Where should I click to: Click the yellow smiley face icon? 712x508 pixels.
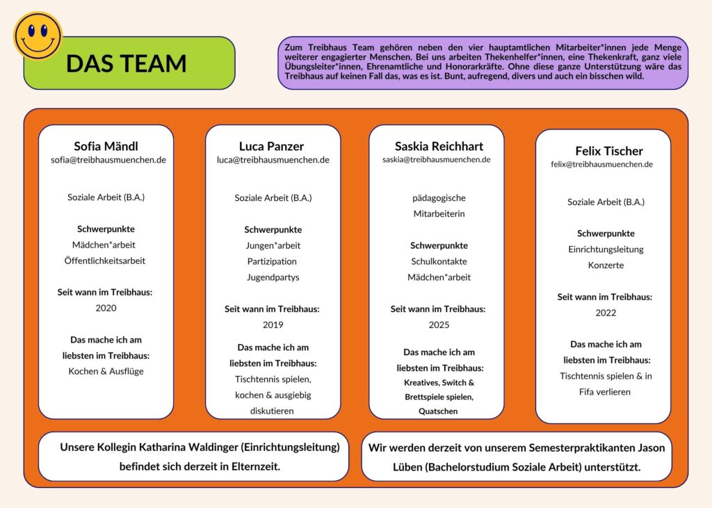pyautogui.click(x=38, y=35)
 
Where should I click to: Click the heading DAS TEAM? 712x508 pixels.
pyautogui.click(x=126, y=63)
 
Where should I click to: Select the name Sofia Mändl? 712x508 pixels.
pyautogui.click(x=106, y=146)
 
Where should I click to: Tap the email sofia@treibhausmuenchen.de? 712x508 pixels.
pyautogui.click(x=108, y=160)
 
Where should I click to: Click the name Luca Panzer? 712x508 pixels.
pyautogui.click(x=271, y=146)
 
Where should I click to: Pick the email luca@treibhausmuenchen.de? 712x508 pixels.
pyautogui.click(x=273, y=160)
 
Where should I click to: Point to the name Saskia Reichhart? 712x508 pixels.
pyautogui.click(x=439, y=146)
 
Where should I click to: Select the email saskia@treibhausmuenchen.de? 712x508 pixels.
pyautogui.click(x=436, y=160)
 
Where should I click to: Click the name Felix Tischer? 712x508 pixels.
pyautogui.click(x=609, y=151)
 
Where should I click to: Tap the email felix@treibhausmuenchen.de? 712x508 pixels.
pyautogui.click(x=601, y=165)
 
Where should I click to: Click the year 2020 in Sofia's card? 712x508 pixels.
pyautogui.click(x=106, y=308)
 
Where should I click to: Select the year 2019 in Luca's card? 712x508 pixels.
pyautogui.click(x=273, y=325)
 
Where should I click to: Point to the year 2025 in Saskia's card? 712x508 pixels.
pyautogui.click(x=439, y=325)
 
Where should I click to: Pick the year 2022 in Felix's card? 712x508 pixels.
pyautogui.click(x=606, y=313)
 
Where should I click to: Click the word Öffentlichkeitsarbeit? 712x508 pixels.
pyautogui.click(x=104, y=261)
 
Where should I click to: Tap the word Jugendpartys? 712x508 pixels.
pyautogui.click(x=273, y=277)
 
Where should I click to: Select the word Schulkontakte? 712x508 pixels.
pyautogui.click(x=439, y=261)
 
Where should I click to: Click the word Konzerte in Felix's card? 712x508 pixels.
pyautogui.click(x=606, y=265)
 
